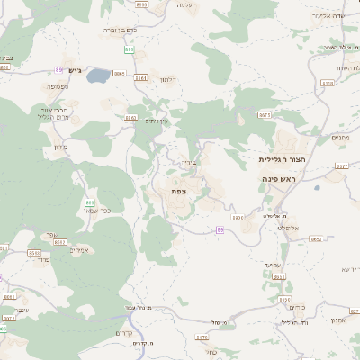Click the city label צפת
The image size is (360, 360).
pos(178,192)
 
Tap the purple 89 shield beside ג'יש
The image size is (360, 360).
pos(59,69)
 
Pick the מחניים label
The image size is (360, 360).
pos(339,138)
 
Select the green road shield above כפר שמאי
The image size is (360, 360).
pos(89,202)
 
